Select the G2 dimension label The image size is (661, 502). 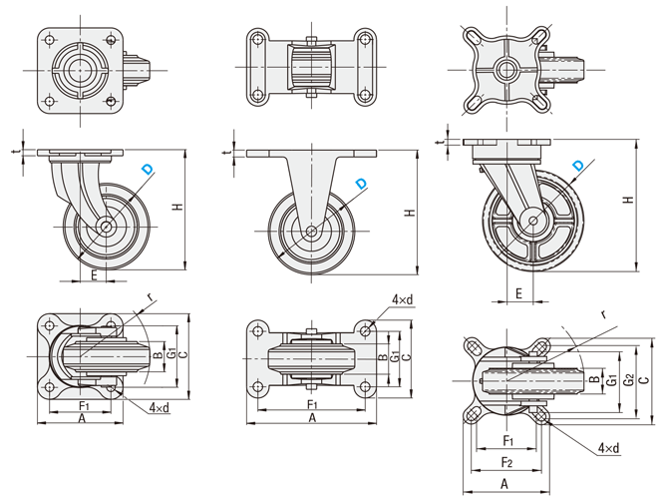point(627,379)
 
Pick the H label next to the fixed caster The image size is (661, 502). point(409,212)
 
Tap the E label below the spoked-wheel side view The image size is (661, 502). point(519,293)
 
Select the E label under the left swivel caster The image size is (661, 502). point(95,274)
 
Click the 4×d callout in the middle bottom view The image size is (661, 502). point(404,299)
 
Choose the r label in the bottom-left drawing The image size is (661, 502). point(150,297)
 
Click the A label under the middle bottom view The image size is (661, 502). point(312,419)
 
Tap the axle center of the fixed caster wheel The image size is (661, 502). point(312,232)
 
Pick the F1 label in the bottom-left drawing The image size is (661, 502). point(85,406)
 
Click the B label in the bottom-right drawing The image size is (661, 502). point(595,379)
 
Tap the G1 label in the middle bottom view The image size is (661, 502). point(396,355)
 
